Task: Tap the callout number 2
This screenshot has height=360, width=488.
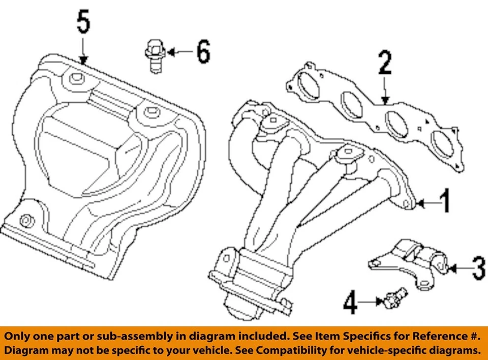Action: coord(384,64)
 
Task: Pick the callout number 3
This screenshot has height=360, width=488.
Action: coord(477,267)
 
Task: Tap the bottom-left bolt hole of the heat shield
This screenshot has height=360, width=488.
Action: coord(24,220)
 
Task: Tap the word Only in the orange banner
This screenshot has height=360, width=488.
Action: coord(21,336)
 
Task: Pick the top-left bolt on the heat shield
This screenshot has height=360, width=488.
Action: coord(76,78)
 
